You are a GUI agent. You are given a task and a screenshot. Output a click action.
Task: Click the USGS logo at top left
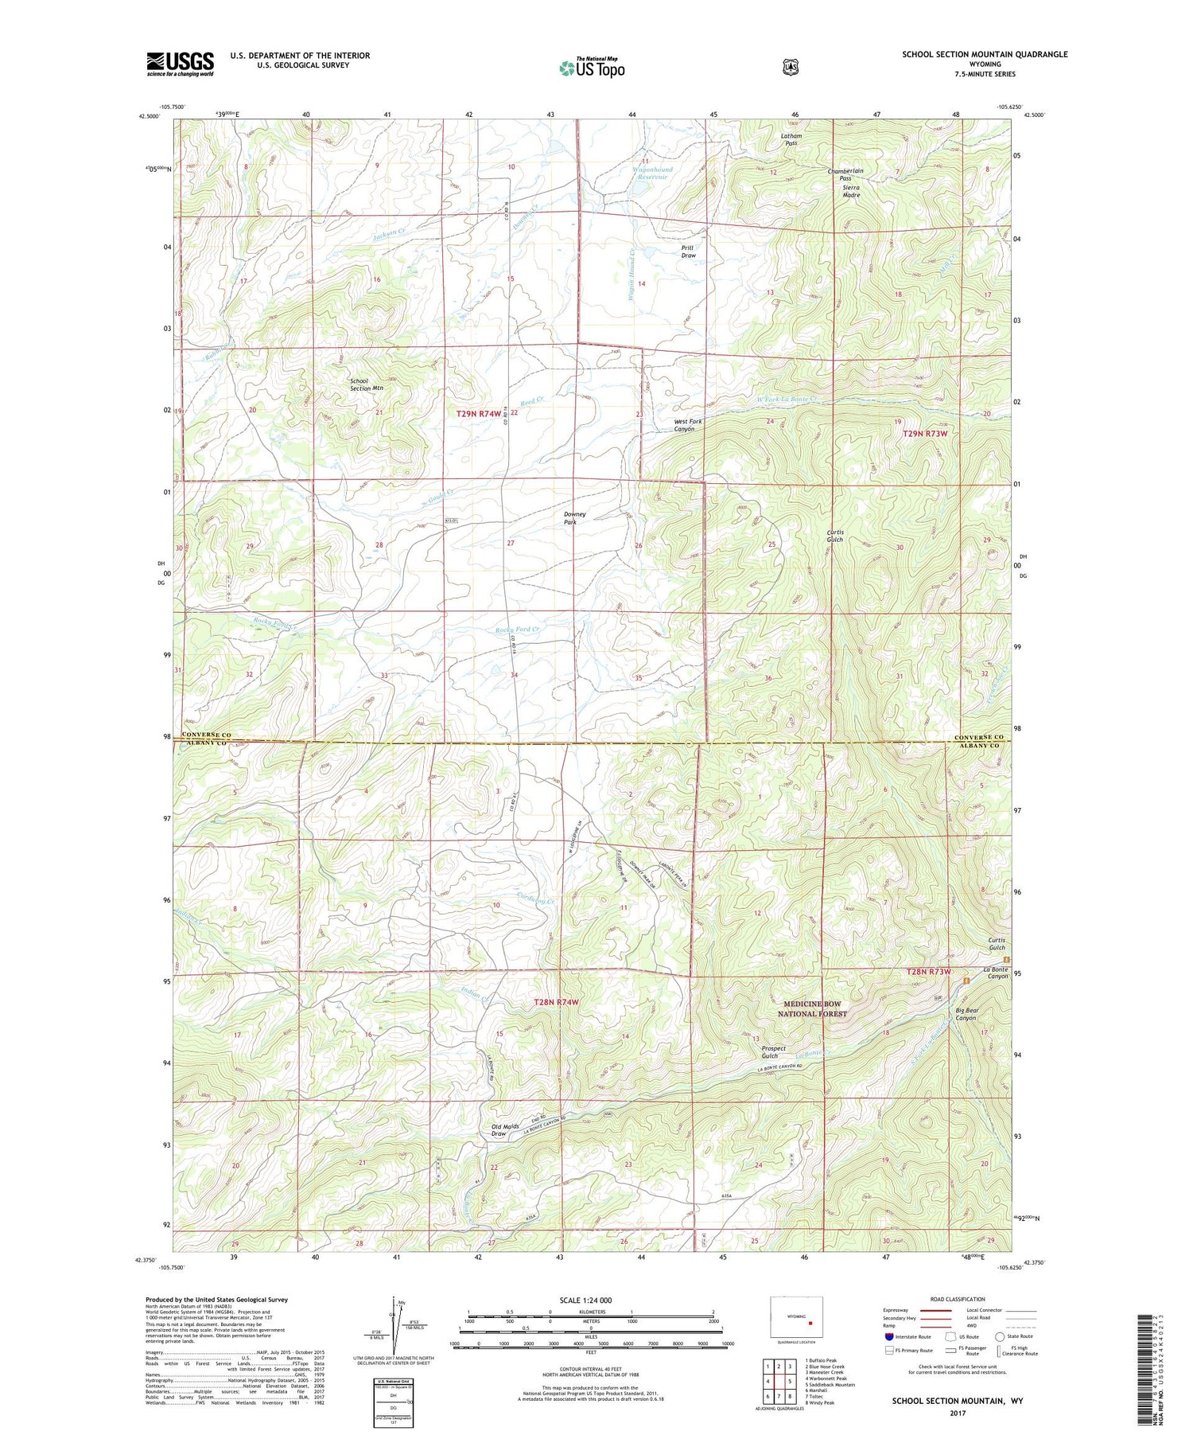tap(180, 64)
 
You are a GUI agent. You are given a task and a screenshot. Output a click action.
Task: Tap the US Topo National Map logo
tap(592, 67)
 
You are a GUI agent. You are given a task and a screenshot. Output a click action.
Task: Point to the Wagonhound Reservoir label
tap(652, 174)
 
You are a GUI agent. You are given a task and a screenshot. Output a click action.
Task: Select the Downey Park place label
tap(574, 518)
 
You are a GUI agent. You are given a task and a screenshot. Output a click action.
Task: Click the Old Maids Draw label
tap(505, 1130)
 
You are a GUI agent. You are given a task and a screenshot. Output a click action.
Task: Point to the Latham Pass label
tap(791, 139)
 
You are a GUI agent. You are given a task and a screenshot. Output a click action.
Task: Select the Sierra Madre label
tap(851, 191)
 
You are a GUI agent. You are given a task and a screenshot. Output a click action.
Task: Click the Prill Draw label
tap(688, 252)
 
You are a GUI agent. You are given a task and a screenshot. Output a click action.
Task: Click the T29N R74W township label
tap(479, 414)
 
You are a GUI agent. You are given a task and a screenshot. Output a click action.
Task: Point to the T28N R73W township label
tap(928, 973)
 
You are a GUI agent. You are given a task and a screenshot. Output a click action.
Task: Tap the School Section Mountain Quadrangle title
tap(984, 54)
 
